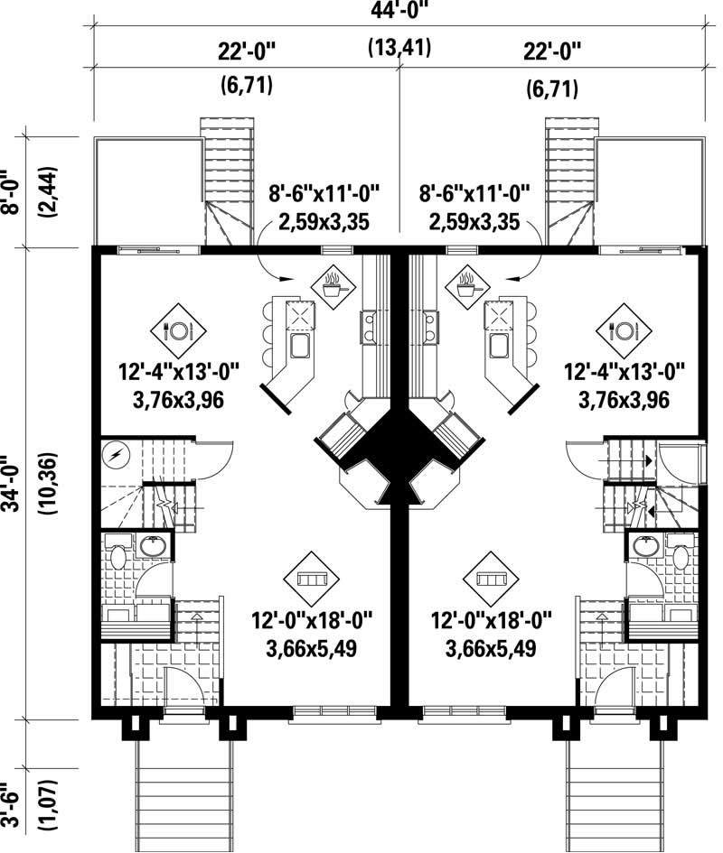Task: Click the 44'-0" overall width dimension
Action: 399,14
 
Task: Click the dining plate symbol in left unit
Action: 178,330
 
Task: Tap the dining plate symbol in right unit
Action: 622,330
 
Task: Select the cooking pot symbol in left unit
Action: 333,286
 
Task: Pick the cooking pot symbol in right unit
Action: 467,286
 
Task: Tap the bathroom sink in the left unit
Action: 151,547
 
